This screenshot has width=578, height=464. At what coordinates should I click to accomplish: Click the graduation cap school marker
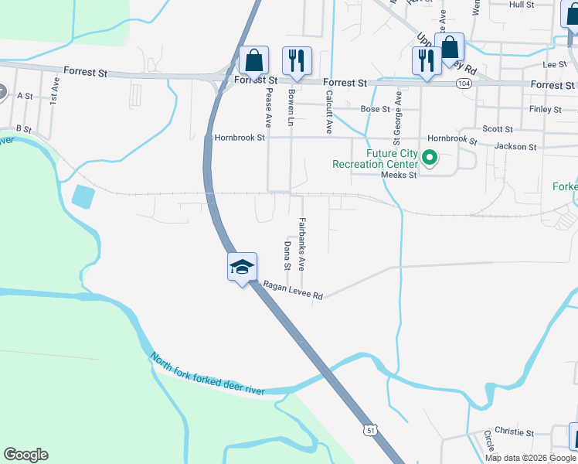(x=242, y=267)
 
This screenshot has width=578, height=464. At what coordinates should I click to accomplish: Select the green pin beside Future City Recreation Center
(x=429, y=160)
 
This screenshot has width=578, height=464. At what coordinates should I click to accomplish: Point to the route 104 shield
(x=464, y=83)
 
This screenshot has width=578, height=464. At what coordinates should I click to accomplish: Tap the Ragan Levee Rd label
(x=293, y=290)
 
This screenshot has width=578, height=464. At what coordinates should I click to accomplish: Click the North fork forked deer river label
(x=207, y=374)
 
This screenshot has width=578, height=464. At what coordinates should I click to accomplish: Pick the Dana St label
(x=287, y=255)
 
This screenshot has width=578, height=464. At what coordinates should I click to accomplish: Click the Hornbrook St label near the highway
(x=240, y=138)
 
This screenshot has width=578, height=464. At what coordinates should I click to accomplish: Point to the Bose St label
(x=376, y=110)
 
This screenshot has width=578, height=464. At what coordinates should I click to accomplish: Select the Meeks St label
(x=399, y=176)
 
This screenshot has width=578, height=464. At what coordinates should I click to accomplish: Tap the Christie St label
(x=514, y=432)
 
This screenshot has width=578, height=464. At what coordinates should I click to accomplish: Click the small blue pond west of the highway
(x=83, y=196)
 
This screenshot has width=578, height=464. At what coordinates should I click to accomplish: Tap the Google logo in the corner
(x=25, y=455)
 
